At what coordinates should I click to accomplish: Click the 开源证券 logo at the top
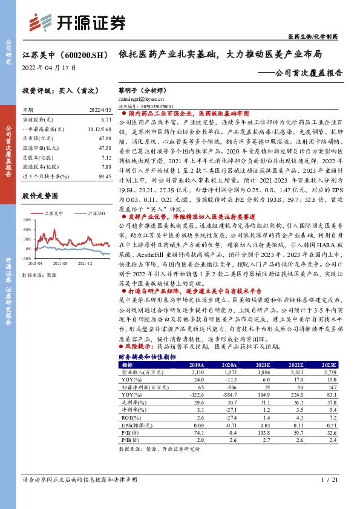79,22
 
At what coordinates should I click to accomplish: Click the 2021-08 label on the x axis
59,263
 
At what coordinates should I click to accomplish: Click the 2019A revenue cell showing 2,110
197,372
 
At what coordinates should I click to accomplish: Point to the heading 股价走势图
40,196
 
